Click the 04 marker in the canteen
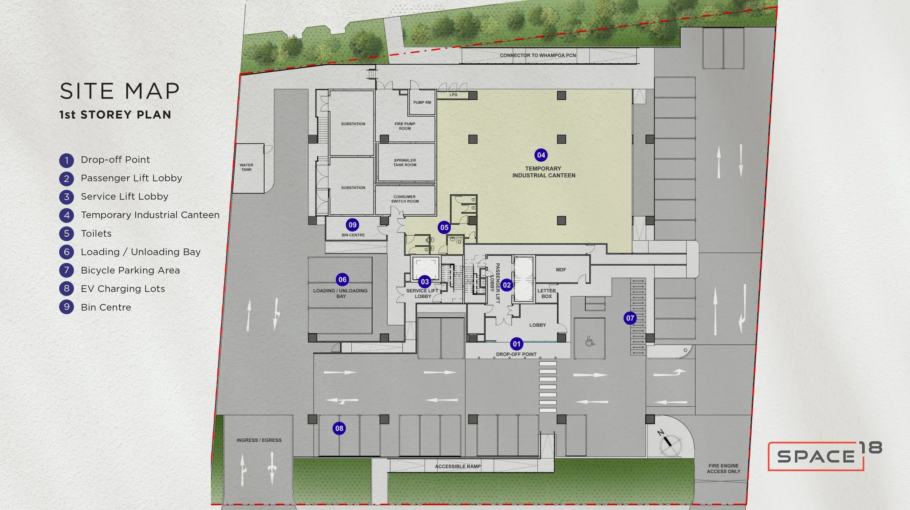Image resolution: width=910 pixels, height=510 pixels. (541, 155)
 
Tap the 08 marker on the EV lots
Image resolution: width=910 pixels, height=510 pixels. (339, 428)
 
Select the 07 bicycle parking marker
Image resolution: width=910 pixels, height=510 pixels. (630, 318)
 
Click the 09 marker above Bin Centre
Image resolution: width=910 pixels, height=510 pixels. (352, 225)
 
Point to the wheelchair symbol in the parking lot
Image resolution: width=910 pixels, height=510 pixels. (590, 341)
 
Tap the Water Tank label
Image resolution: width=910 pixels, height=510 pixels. (246, 167)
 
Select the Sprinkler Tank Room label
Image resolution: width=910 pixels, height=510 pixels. (405, 162)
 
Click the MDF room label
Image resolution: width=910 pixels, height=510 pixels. (561, 270)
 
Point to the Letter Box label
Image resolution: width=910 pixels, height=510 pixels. (547, 293)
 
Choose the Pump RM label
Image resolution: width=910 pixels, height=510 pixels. (422, 103)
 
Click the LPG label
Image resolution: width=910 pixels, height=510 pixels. (453, 95)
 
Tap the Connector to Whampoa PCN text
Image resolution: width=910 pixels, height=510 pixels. (538, 55)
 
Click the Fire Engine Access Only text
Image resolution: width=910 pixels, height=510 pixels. (724, 469)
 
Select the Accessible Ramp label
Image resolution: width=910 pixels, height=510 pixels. (458, 466)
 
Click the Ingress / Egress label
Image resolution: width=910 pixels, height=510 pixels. (259, 440)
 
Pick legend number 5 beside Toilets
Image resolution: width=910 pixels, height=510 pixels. (67, 233)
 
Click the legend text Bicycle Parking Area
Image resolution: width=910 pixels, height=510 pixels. (130, 270)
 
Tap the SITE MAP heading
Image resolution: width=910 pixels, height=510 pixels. (120, 91)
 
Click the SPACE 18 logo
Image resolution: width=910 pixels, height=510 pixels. (825, 456)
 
